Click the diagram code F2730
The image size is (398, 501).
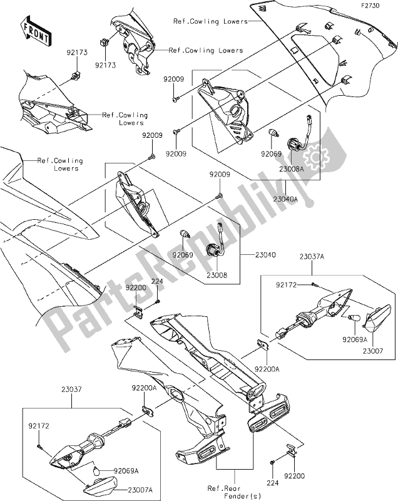(378, 5)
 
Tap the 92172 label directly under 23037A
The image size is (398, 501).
(285, 285)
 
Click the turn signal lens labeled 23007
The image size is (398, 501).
(377, 319)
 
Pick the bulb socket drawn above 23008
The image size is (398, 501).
(213, 249)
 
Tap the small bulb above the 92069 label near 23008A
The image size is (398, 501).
(273, 135)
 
